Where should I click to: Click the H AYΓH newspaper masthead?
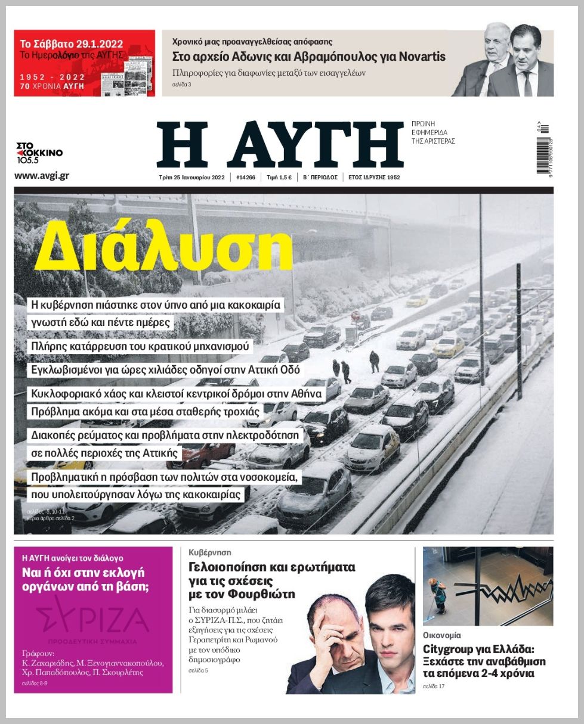280,145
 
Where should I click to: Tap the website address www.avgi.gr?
41,176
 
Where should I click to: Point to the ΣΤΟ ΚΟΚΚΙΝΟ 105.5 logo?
39,153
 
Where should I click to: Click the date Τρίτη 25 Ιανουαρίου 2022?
191,178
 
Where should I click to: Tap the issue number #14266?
246,178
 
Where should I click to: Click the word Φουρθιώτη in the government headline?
262,594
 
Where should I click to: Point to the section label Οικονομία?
442,635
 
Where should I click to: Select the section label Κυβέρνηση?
209,552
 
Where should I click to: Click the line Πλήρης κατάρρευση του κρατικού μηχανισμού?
142,346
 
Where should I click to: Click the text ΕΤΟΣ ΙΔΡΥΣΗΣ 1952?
374,178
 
